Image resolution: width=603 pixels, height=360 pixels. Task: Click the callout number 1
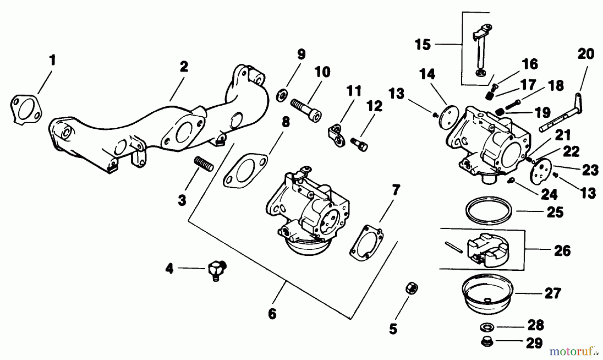[x=52, y=61]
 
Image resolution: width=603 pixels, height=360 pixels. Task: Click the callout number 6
[x=272, y=314]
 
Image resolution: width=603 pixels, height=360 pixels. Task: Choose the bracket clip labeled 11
[x=336, y=135]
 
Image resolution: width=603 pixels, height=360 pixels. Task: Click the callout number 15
[x=422, y=44]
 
